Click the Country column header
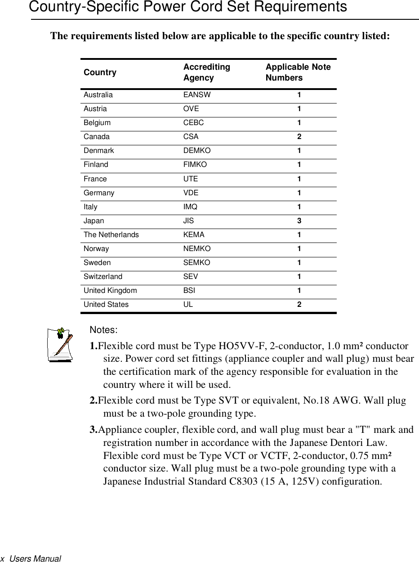point(100,72)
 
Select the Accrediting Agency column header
point(206,72)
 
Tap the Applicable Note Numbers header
point(298,72)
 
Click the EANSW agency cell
point(196,95)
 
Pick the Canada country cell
point(96,137)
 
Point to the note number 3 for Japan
point(299,221)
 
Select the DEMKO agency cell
point(196,151)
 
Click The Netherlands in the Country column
point(111,235)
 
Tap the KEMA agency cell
point(194,235)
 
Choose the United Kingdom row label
point(110,291)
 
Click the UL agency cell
point(188,305)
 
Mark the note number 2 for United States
point(299,305)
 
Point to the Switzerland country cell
point(103,277)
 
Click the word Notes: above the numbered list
point(104,330)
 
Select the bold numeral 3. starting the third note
point(94,430)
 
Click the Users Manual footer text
point(35,558)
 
